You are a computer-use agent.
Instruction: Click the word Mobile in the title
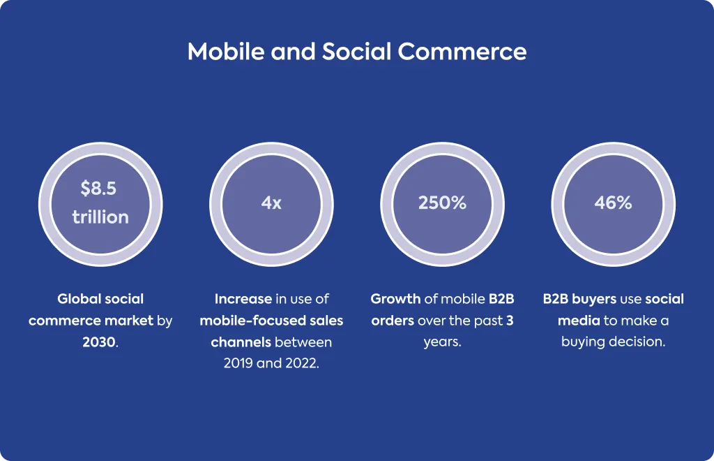tap(226, 51)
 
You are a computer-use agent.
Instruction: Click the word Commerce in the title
tap(462, 51)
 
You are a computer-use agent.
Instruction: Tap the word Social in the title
tap(357, 51)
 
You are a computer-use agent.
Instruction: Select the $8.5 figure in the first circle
tap(98, 189)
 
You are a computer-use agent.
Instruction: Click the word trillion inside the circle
tap(100, 217)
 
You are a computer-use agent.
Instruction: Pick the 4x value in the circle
tap(271, 203)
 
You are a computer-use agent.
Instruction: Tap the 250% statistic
tap(442, 203)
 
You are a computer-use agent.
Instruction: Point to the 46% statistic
tap(613, 203)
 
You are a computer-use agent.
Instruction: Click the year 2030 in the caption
tap(99, 342)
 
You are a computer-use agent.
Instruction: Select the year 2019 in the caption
tap(238, 363)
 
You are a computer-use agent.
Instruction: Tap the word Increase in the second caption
tap(243, 299)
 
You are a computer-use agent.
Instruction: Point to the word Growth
tap(395, 299)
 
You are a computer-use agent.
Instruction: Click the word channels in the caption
tap(241, 342)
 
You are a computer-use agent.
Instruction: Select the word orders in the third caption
tap(393, 321)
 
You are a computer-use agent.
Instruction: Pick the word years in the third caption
tap(441, 342)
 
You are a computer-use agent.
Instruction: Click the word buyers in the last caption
tap(594, 299)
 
